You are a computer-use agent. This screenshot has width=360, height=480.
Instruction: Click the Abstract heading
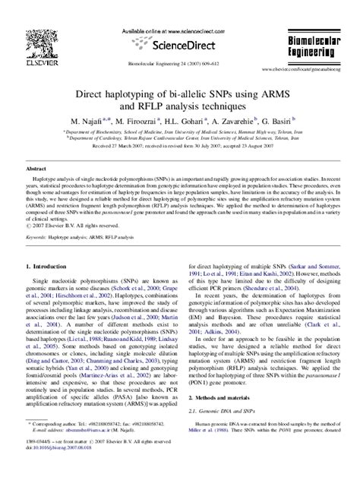pyautogui.click(x=39, y=168)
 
